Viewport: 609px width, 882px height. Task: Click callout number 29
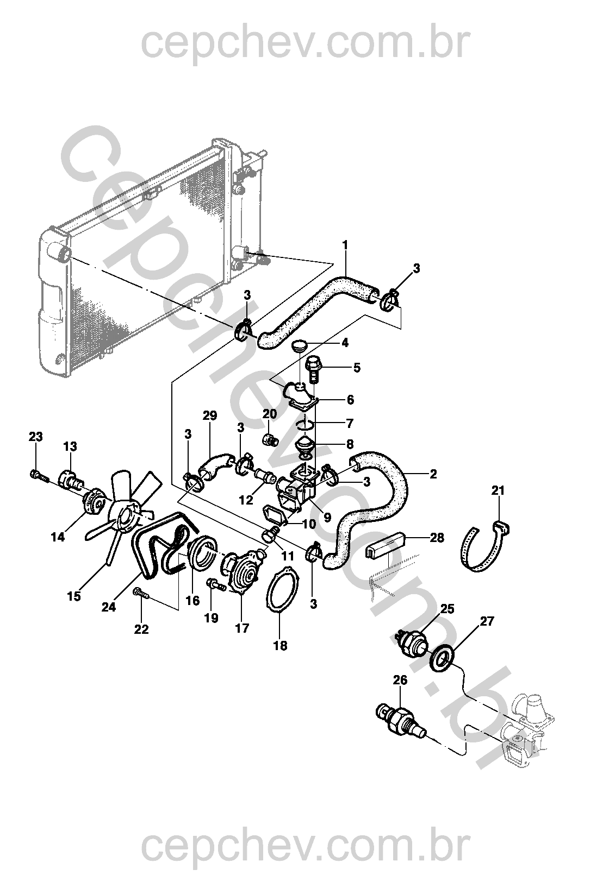click(x=210, y=416)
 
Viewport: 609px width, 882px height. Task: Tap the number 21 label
click(x=498, y=490)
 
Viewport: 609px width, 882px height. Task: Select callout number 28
click(x=437, y=538)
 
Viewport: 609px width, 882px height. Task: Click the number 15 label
click(x=74, y=596)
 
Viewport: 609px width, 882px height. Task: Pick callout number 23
click(x=36, y=437)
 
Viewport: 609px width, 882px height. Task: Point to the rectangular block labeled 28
click(x=387, y=543)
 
